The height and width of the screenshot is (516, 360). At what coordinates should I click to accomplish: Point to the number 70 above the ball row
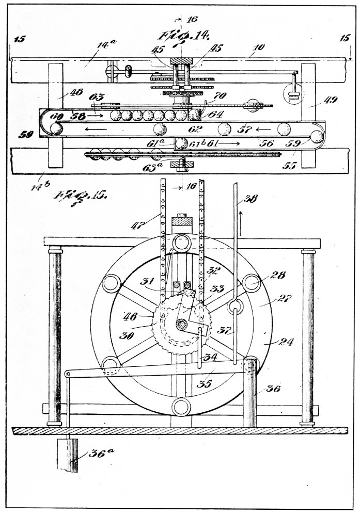[x=221, y=96]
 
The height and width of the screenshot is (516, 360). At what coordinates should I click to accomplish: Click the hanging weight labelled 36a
[x=68, y=454]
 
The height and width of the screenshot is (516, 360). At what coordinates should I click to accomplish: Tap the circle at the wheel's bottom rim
[x=183, y=406]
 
